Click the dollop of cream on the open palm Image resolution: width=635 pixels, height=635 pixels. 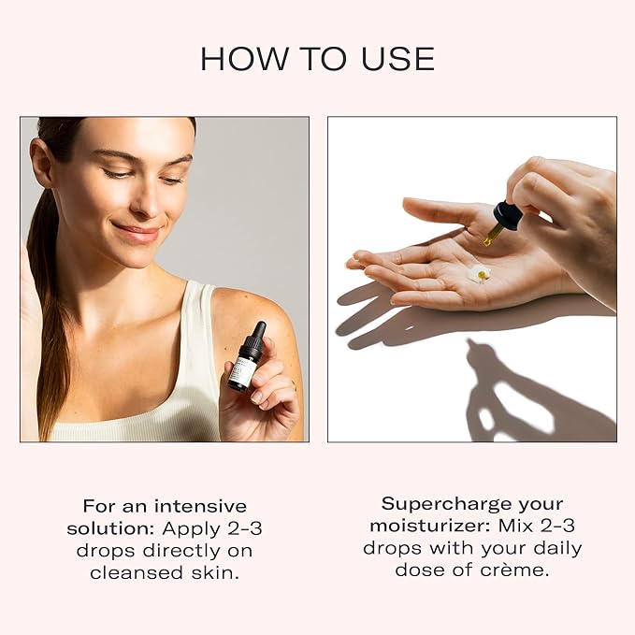479,273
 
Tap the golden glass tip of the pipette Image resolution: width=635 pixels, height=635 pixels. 490,238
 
